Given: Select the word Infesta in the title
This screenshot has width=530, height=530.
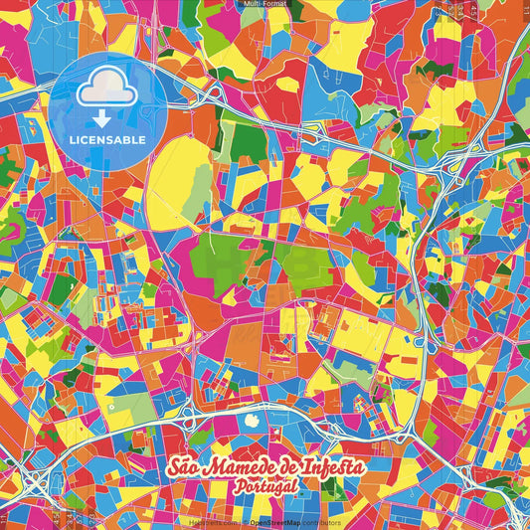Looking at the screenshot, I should (x=330, y=467).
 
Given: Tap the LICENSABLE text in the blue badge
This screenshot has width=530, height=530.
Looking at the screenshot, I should (x=107, y=140).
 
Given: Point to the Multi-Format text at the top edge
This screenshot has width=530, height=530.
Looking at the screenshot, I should (x=264, y=5).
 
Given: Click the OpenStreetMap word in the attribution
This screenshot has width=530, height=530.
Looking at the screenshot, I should (x=274, y=522).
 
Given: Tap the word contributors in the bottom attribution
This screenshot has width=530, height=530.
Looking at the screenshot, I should (x=321, y=522).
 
